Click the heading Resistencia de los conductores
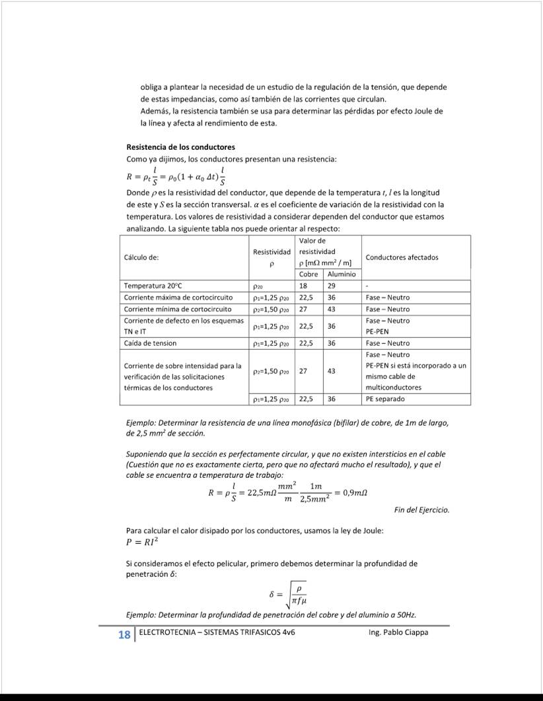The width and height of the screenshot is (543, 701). click(x=180, y=147)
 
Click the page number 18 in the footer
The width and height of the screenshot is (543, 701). click(x=124, y=635)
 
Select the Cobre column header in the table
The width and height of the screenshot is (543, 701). click(x=308, y=274)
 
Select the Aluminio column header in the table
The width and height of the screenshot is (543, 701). click(x=341, y=274)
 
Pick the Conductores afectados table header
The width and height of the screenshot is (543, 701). click(x=402, y=257)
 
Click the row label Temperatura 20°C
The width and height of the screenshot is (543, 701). click(x=152, y=286)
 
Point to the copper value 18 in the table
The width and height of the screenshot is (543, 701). click(x=303, y=286)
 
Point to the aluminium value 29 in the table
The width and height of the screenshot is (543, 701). click(x=331, y=286)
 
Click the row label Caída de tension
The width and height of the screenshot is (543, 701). click(x=150, y=343)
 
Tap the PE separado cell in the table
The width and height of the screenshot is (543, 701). click(x=385, y=399)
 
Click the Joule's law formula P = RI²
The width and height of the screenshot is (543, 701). click(x=142, y=543)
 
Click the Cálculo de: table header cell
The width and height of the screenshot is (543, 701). click(x=141, y=257)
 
